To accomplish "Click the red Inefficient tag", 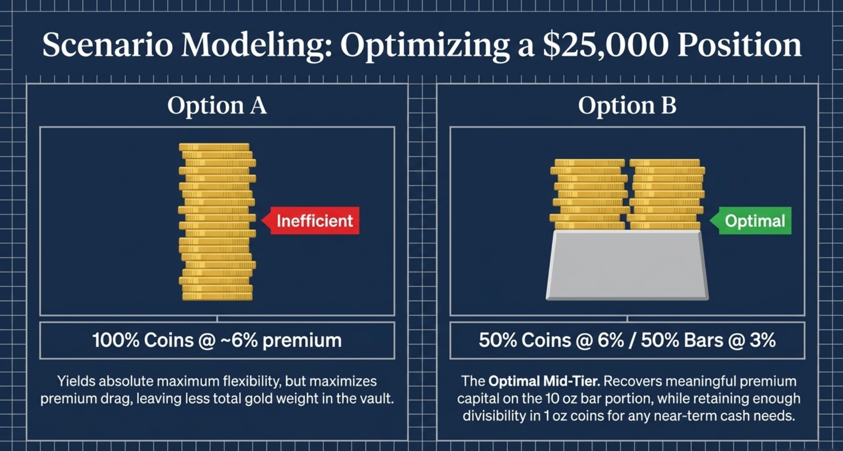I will pos(314,220).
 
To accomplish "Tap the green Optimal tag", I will pos(754,220).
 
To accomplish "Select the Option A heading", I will pos(217,106).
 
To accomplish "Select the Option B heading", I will pos(627,106).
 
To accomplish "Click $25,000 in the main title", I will pos(605,45).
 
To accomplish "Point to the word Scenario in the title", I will pos(107,45).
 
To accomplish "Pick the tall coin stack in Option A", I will pos(217,222).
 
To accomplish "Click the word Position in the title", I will pos(739,45).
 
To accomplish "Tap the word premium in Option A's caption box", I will pos(302,341).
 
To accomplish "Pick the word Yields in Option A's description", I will pos(75,381).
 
